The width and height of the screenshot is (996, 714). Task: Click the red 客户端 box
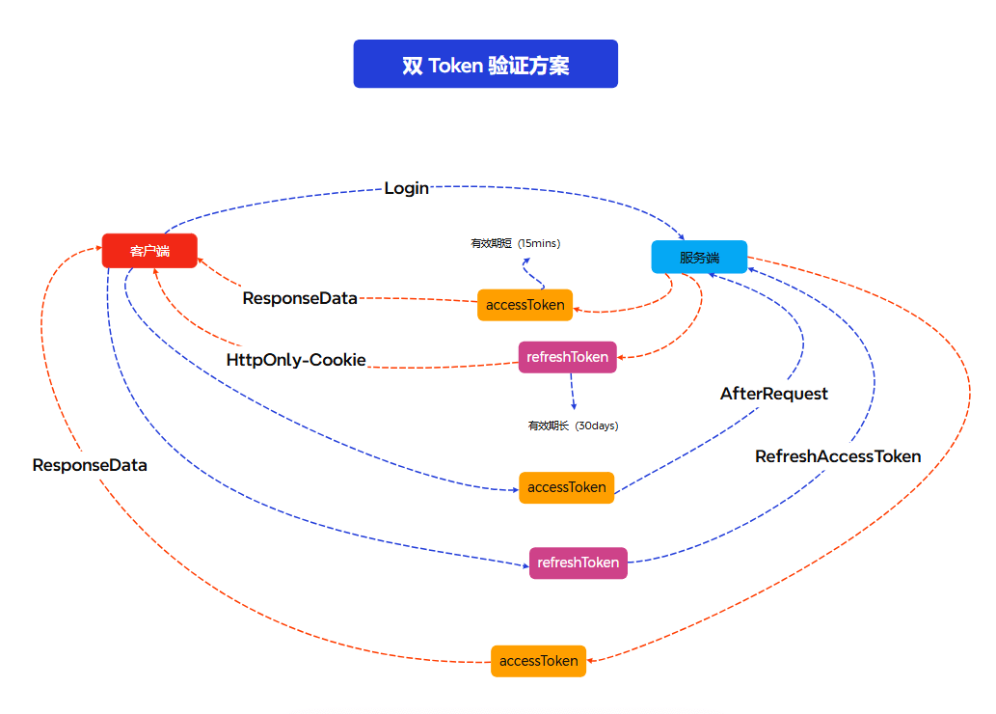point(149,251)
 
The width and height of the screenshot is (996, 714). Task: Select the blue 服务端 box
point(699,258)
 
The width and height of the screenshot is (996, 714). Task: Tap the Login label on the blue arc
point(406,188)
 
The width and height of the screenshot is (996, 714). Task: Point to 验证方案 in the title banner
point(528,66)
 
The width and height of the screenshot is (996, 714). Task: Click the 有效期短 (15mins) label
point(515,244)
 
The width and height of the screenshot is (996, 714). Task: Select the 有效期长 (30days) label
point(573,426)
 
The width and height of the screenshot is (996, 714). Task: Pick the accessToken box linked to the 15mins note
point(525,305)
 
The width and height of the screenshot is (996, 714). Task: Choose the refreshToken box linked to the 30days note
point(567,357)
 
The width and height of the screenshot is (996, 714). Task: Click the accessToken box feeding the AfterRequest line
point(566,487)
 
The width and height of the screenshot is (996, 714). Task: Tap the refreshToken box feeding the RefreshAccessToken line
point(578,563)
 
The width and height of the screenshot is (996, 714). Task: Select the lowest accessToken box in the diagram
point(538,661)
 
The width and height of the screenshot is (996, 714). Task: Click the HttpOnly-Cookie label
point(296,360)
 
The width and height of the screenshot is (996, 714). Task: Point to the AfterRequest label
point(773,394)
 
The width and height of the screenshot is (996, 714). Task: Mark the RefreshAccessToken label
point(837,456)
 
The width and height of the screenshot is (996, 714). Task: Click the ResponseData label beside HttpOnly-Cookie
point(300,298)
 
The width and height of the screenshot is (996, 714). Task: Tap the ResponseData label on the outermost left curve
point(90,465)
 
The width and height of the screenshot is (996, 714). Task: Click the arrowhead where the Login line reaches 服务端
point(682,236)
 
